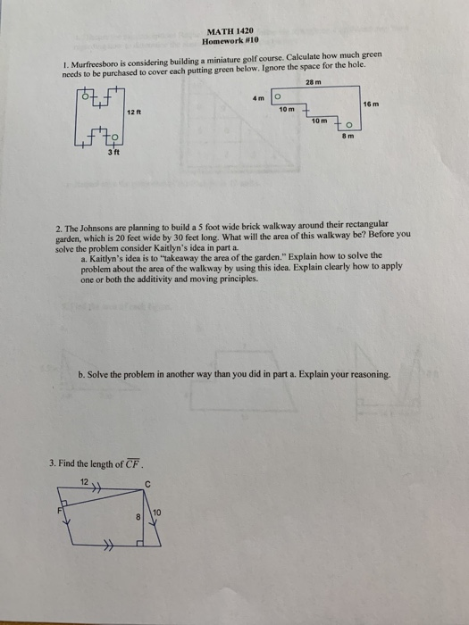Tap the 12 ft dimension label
(x=133, y=112)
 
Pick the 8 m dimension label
(x=351, y=137)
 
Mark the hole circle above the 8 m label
(x=351, y=125)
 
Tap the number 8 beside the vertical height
(x=138, y=515)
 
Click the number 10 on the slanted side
(x=158, y=512)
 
